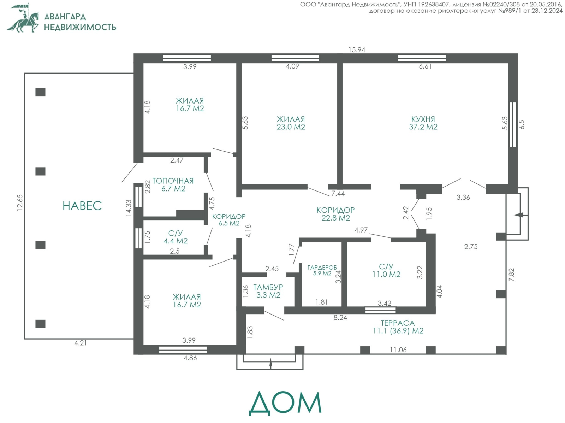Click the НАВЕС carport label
click(82, 206)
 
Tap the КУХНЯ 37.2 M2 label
click(423, 123)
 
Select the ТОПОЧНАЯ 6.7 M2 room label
click(173, 184)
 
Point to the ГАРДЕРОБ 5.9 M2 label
click(322, 270)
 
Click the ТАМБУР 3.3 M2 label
click(268, 291)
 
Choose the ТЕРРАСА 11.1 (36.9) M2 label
click(398, 327)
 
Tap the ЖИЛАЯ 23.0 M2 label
click(291, 123)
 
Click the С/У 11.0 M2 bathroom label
click(386, 270)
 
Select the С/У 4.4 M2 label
click(176, 237)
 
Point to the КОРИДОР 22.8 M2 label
click(336, 214)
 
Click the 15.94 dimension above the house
click(357, 50)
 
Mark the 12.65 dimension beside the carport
click(20, 202)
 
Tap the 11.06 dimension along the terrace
click(398, 350)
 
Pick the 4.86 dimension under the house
click(190, 358)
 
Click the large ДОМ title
click(285, 403)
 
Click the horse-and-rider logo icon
click(23, 18)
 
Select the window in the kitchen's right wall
click(513, 125)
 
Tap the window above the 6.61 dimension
click(422, 58)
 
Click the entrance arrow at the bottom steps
click(270, 363)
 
